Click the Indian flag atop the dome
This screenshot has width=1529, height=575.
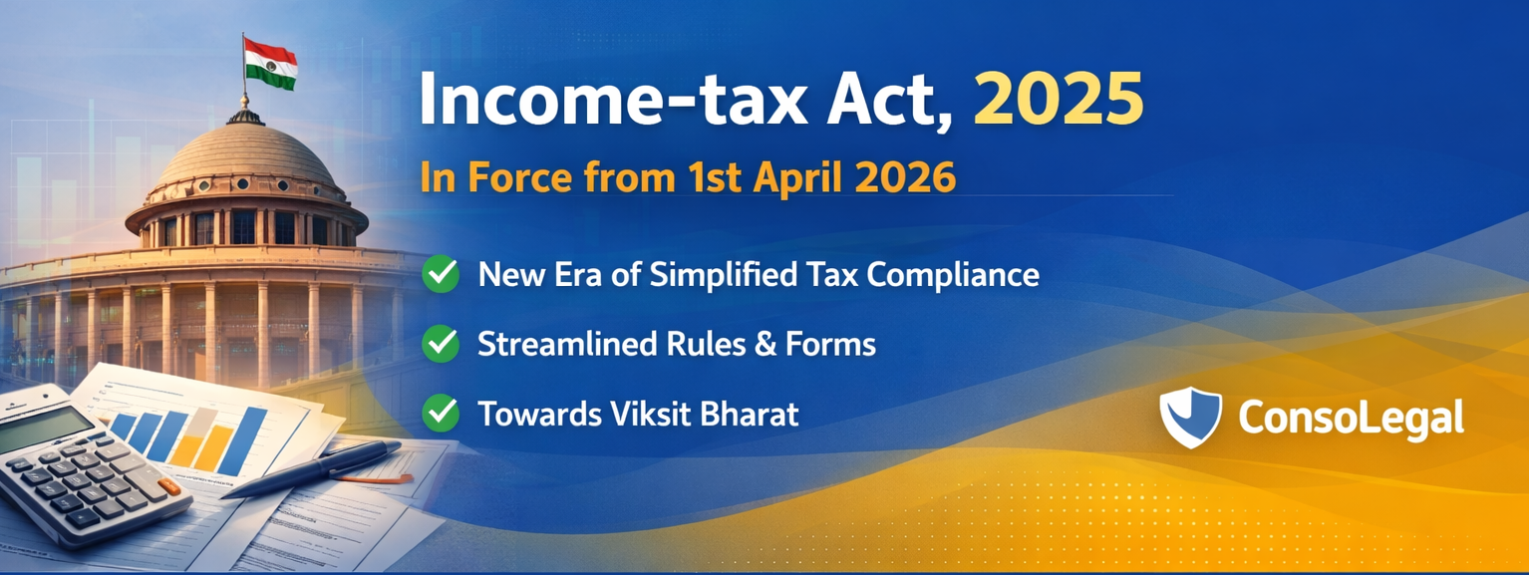270,64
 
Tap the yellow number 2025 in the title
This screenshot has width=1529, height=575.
1058,100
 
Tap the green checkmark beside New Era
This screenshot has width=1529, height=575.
441,273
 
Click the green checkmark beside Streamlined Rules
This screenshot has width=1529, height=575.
441,343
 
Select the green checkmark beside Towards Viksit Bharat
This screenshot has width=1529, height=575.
441,413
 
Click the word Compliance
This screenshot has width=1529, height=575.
953,276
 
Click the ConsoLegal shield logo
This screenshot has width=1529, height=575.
1190,417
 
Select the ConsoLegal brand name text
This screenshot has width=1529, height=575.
1352,418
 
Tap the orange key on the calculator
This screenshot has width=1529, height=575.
168,485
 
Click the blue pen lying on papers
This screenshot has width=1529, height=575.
312,468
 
